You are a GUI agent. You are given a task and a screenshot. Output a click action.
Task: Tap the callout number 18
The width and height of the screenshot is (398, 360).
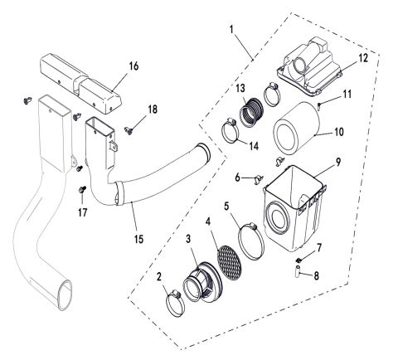point(152,109)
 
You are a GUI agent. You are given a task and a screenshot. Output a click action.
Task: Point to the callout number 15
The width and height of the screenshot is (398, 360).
point(138,239)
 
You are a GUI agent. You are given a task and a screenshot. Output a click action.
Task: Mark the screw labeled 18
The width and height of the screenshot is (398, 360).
point(129,129)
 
